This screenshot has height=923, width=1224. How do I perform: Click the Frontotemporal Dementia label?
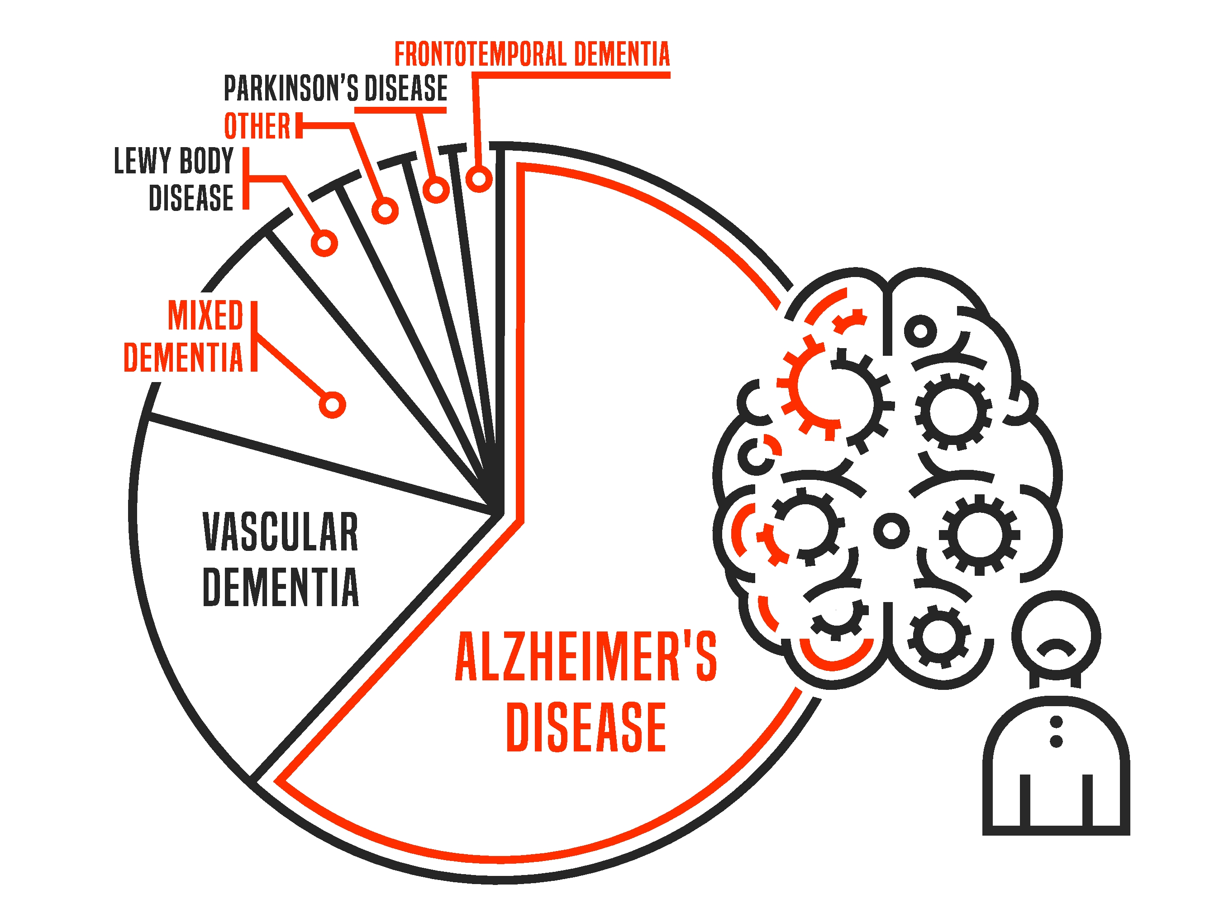[x=531, y=54]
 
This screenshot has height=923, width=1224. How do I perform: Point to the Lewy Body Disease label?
[x=174, y=179]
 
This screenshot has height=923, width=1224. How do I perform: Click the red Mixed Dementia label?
[x=184, y=336]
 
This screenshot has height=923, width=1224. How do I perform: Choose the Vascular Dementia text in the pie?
[x=281, y=559]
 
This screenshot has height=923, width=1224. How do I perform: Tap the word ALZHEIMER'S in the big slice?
[x=586, y=657]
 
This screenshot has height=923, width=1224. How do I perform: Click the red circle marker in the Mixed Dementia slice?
[x=332, y=405]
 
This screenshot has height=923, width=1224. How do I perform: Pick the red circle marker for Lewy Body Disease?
[x=324, y=243]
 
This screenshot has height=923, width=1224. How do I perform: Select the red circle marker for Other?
[x=385, y=211]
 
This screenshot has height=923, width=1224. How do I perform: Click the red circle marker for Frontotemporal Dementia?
[x=479, y=179]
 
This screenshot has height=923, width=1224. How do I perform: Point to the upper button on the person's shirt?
[x=1056, y=722]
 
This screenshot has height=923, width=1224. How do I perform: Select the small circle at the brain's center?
[x=891, y=531]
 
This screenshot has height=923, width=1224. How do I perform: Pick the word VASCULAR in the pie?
[x=281, y=531]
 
